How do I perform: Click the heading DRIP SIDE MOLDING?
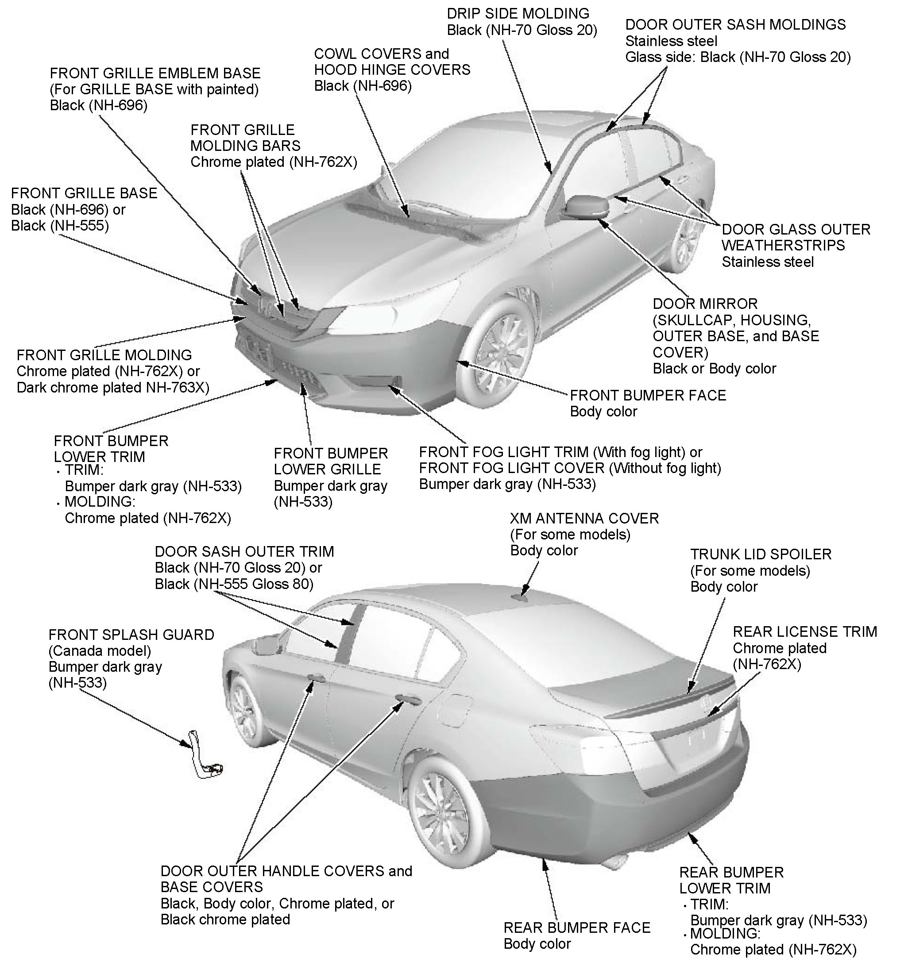coord(518,14)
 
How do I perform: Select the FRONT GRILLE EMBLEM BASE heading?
coord(155,73)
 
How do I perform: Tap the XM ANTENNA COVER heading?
coord(584,519)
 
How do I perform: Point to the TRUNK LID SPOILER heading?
coord(761,554)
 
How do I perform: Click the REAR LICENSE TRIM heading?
coord(805,632)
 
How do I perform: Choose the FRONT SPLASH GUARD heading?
coord(131,635)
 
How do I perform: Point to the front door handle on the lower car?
coord(316,678)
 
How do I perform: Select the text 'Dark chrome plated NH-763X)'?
coord(113,388)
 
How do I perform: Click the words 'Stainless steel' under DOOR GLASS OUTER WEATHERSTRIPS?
coord(767,262)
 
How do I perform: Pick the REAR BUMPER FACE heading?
coord(576,928)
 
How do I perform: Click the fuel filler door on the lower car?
coord(455,710)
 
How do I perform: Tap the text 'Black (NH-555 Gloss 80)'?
coord(234,584)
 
